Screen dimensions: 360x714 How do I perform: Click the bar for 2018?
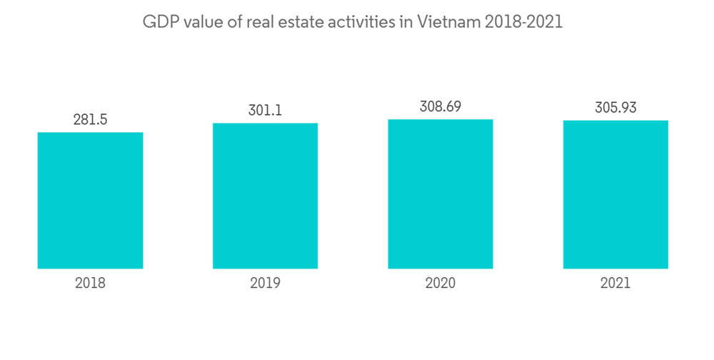tap(90, 200)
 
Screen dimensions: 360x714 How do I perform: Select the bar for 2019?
tap(265, 196)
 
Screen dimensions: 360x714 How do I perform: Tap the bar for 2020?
tap(440, 194)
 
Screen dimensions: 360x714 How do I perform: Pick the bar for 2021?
tap(615, 194)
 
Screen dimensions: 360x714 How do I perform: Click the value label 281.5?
tap(90, 119)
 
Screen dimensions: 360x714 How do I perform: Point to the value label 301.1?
tap(265, 110)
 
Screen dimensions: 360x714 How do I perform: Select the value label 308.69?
tap(440, 106)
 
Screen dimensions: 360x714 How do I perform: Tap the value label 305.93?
tap(615, 108)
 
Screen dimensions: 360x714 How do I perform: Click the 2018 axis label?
tap(90, 284)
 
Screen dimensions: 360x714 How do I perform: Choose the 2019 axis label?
tap(265, 284)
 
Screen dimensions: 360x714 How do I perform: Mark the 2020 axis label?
tap(440, 284)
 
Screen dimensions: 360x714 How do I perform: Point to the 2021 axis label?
tap(615, 284)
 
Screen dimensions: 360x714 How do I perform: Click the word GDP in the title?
tap(159, 22)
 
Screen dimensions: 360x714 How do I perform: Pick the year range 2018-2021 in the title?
tap(524, 22)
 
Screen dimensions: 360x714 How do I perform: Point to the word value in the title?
tap(203, 22)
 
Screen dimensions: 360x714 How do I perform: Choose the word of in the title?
tap(235, 22)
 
